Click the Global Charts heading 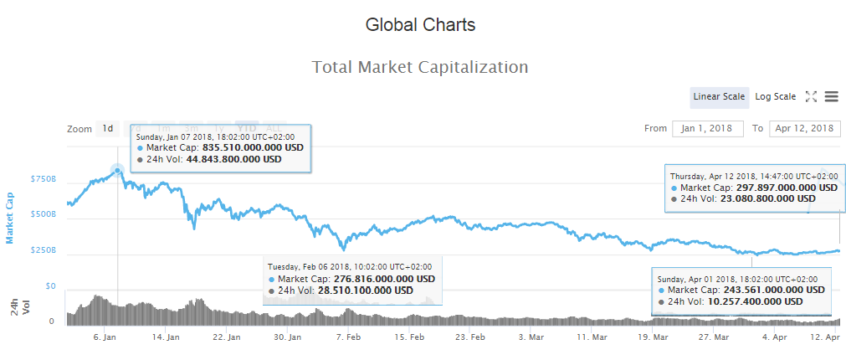420,25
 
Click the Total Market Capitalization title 420,67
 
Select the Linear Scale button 719,97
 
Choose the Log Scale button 776,97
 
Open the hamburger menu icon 831,97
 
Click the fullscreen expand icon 810,97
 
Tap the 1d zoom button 107,129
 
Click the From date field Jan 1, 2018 707,129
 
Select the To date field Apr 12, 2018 804,129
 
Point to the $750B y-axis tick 44,179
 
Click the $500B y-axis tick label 44,214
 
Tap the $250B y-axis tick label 44,250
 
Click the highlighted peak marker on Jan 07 117,170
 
